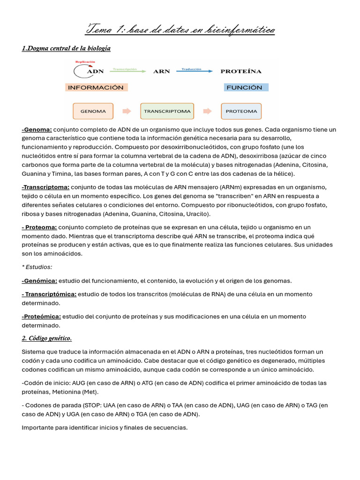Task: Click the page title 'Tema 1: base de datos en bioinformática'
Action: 180,30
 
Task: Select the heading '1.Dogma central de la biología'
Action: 66,48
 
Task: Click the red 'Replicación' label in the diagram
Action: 85,62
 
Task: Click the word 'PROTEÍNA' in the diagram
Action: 241,72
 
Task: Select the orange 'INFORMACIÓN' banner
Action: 96,87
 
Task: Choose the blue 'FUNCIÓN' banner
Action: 244,87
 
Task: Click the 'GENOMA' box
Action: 93,112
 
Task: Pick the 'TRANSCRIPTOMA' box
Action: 167,112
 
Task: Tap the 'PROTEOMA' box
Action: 241,112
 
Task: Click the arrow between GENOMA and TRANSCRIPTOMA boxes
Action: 127,112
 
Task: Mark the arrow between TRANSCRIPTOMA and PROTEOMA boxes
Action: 207,112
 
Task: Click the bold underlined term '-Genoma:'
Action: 37,129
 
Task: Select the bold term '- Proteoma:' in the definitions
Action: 39,227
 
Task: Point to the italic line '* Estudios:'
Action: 37,267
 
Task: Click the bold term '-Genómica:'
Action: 39,281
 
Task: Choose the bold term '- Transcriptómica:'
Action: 49,294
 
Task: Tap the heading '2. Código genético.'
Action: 46,338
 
